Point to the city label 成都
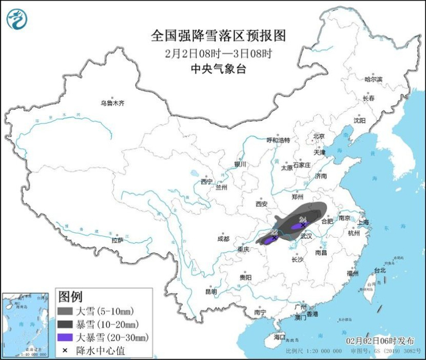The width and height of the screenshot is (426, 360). pyautogui.click(x=223, y=238)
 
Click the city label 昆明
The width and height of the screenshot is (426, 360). pyautogui.click(x=211, y=291)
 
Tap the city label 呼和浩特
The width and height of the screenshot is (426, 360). pyautogui.click(x=279, y=140)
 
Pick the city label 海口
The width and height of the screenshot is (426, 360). pyautogui.click(x=279, y=336)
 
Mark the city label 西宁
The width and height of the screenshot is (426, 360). pyautogui.click(x=207, y=181)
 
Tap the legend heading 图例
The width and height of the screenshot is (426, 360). pyautogui.click(x=70, y=297)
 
